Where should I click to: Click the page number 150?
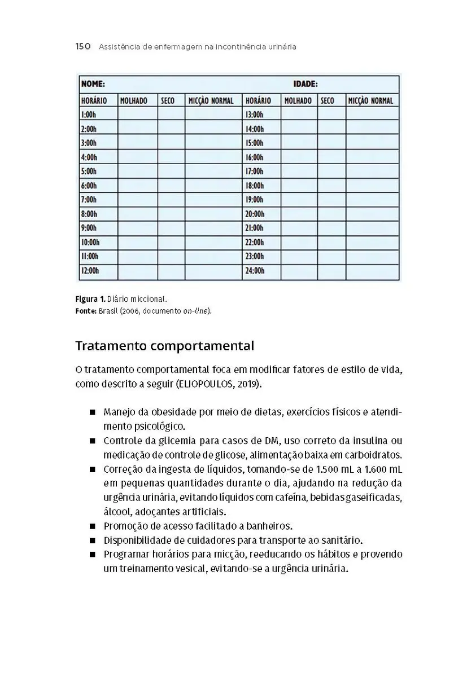(x=83, y=47)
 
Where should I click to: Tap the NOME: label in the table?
(x=93, y=84)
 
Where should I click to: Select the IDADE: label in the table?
(x=305, y=84)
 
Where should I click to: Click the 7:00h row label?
(x=89, y=200)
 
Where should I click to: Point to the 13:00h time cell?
(x=255, y=115)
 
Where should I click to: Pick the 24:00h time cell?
(x=255, y=271)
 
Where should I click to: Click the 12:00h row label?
(x=90, y=271)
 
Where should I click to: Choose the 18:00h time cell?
(x=255, y=186)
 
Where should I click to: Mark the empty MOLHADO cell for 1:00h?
(x=137, y=115)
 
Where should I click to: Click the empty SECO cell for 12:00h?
(x=171, y=271)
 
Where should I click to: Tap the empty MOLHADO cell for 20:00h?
(x=299, y=214)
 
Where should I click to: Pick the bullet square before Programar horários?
(x=93, y=555)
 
